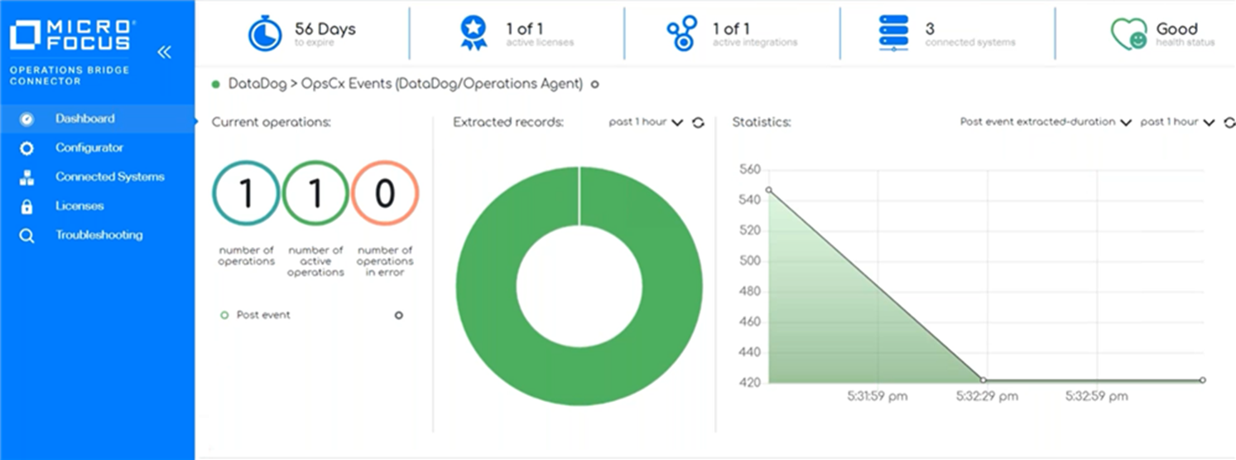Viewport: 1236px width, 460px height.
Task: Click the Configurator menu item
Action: [89, 148]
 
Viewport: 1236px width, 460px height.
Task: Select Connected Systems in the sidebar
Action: [109, 177]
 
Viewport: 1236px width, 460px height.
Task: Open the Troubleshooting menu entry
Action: [99, 235]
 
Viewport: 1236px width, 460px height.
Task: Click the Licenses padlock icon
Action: [26, 206]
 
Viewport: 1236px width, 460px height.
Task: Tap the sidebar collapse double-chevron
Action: [164, 52]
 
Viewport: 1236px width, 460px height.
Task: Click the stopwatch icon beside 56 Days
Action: [265, 34]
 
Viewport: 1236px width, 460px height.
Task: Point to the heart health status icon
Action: [1128, 34]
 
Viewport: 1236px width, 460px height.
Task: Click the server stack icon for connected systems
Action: [894, 34]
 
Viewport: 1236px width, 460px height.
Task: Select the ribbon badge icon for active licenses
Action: [474, 34]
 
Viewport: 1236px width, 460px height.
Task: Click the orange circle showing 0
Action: [385, 194]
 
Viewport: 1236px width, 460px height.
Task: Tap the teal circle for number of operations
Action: [246, 194]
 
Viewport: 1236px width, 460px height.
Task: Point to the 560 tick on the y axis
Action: [748, 170]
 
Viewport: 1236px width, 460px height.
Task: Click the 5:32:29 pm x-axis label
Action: [986, 396]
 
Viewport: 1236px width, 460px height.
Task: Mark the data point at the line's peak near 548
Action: [769, 190]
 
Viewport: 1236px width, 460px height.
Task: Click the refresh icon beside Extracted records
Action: [698, 123]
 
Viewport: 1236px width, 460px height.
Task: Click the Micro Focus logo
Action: [70, 36]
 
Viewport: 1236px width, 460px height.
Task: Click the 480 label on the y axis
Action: [748, 291]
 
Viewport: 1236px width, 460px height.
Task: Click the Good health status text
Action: [1176, 29]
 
